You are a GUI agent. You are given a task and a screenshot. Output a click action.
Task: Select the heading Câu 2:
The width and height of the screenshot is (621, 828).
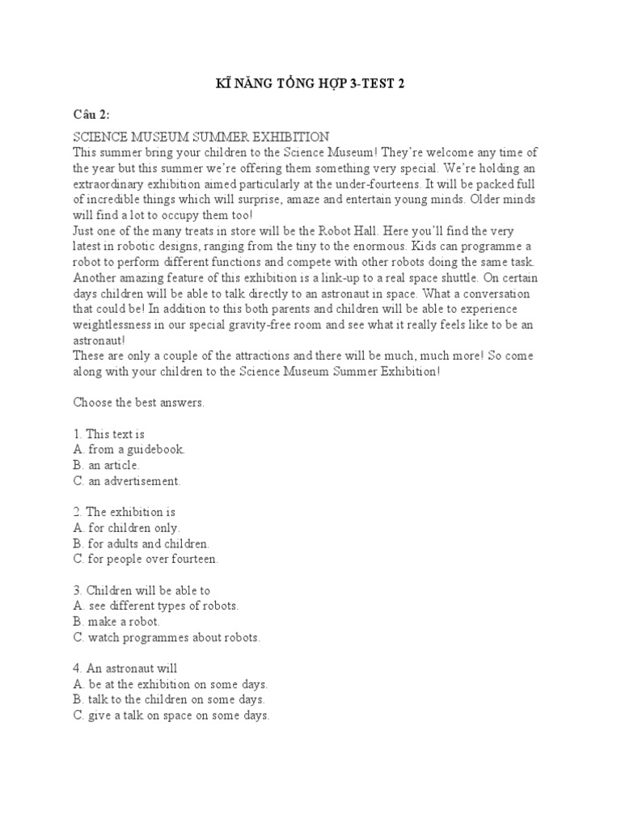[92, 113]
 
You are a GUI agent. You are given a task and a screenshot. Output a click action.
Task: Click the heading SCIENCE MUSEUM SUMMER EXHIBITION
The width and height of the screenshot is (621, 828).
[201, 137]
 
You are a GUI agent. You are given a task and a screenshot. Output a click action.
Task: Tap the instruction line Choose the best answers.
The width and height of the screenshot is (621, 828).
[139, 402]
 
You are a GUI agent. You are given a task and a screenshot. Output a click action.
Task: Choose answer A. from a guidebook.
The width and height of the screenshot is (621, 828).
[129, 449]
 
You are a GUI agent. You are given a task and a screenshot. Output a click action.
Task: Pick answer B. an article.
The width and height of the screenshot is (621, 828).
[107, 465]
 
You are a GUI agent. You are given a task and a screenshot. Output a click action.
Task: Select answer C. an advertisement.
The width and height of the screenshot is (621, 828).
[128, 480]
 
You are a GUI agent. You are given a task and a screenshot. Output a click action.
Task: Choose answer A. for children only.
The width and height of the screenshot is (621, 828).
[127, 527]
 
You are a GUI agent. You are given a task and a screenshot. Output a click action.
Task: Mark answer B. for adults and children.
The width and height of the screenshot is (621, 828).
[142, 543]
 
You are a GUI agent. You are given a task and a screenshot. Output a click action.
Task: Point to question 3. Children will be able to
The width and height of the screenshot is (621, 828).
[142, 590]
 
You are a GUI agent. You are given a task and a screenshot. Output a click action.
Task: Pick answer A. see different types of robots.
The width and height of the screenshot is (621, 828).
[156, 606]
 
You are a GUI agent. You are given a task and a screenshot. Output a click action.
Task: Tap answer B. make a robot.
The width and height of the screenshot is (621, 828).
[117, 622]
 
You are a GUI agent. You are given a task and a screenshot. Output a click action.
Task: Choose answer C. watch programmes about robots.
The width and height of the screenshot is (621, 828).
[167, 637]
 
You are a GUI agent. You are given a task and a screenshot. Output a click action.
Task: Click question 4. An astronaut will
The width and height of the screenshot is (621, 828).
[125, 669]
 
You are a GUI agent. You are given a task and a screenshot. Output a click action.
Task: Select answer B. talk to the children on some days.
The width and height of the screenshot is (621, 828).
[169, 699]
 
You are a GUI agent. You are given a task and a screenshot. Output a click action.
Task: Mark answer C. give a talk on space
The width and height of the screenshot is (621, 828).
[171, 716]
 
